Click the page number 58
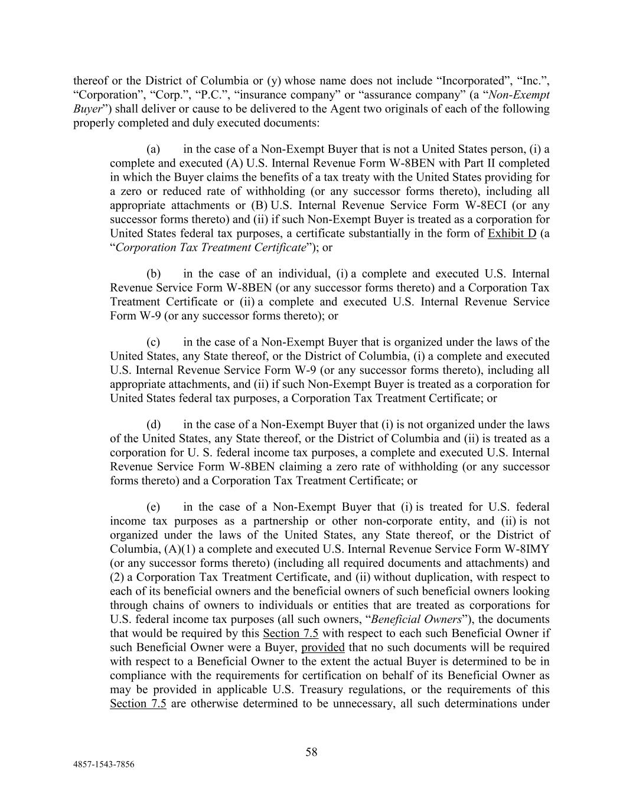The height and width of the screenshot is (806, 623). [311, 752]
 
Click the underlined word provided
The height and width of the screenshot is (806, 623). [323, 648]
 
